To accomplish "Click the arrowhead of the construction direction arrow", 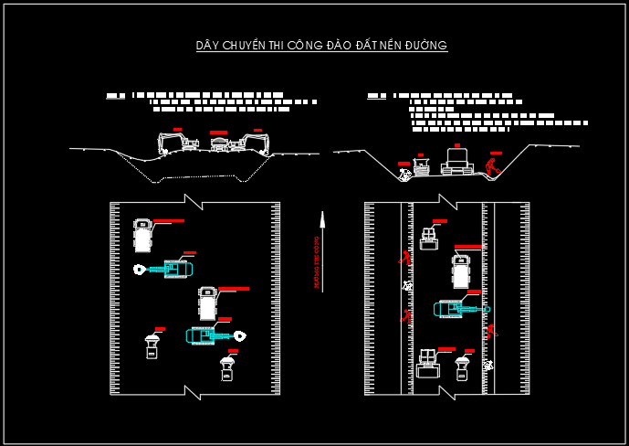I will pyautogui.click(x=321, y=217).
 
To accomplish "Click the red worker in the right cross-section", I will pyautogui.click(x=493, y=166).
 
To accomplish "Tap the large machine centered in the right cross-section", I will pyautogui.click(x=456, y=160).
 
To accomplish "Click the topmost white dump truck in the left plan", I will pyautogui.click(x=142, y=235).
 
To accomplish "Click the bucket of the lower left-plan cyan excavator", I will pyautogui.click(x=239, y=335).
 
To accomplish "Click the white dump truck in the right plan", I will pyautogui.click(x=462, y=271).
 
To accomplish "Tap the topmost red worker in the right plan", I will pyautogui.click(x=404, y=258).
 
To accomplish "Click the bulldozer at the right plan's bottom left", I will pyautogui.click(x=426, y=363).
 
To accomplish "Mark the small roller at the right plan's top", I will pyautogui.click(x=430, y=238).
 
